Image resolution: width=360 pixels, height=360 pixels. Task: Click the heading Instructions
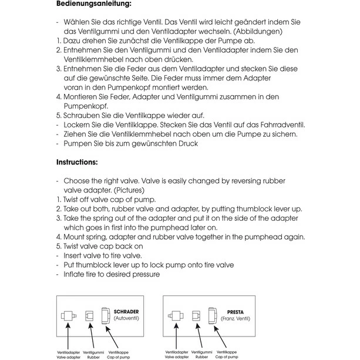(x=77, y=162)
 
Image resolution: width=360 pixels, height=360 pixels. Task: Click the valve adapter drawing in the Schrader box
(x=68, y=316)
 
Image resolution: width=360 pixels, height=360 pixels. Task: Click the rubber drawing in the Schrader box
(x=89, y=316)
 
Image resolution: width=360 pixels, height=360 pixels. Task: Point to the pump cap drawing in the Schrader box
(x=106, y=316)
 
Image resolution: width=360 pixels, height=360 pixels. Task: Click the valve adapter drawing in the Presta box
(x=177, y=316)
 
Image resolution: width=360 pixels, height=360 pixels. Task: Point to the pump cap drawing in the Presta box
(x=213, y=316)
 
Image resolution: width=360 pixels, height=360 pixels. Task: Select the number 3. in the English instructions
(x=59, y=218)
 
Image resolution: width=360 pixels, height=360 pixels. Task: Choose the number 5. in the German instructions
(x=59, y=115)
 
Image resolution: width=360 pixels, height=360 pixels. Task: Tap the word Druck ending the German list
(x=187, y=143)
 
